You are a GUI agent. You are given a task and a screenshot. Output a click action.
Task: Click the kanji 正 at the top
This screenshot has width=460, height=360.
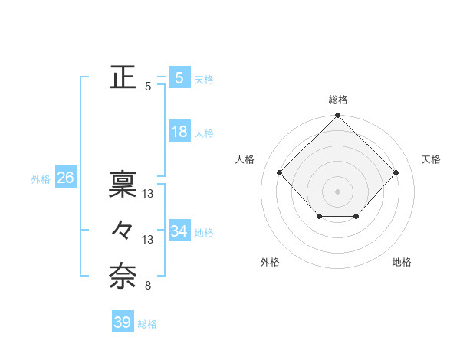point(123,77)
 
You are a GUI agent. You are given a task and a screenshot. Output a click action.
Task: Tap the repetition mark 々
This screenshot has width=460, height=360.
point(123,230)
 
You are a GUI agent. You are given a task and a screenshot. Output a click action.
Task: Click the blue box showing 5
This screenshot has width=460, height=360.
point(179,78)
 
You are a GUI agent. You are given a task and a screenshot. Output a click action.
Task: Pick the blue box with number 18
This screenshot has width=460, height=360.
point(179,132)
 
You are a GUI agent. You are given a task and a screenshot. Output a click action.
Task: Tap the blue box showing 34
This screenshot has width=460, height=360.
point(179,231)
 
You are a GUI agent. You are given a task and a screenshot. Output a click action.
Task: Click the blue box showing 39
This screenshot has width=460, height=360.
point(122,322)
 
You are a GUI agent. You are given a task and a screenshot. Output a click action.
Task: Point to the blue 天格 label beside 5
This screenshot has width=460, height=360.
point(204,80)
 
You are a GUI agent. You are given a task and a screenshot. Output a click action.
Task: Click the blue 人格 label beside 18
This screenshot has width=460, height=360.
point(204,133)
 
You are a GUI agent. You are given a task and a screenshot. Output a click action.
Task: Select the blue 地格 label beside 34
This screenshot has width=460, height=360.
point(204,232)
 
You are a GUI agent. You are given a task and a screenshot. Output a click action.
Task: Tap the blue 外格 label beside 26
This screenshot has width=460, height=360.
point(41,179)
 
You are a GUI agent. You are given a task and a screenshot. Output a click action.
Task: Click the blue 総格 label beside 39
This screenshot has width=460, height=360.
point(147,324)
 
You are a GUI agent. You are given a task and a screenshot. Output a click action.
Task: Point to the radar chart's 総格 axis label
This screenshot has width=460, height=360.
point(337,100)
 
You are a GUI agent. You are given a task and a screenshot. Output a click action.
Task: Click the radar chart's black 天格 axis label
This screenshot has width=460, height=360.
point(431,159)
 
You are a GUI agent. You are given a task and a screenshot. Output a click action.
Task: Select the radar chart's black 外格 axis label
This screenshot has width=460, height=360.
point(270,262)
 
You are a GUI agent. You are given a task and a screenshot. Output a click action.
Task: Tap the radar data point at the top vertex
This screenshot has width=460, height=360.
point(337,116)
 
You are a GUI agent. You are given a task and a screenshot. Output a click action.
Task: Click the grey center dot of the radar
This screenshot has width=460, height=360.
point(337,191)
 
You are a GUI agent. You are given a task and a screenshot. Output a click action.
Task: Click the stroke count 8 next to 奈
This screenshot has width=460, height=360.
point(147,286)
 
